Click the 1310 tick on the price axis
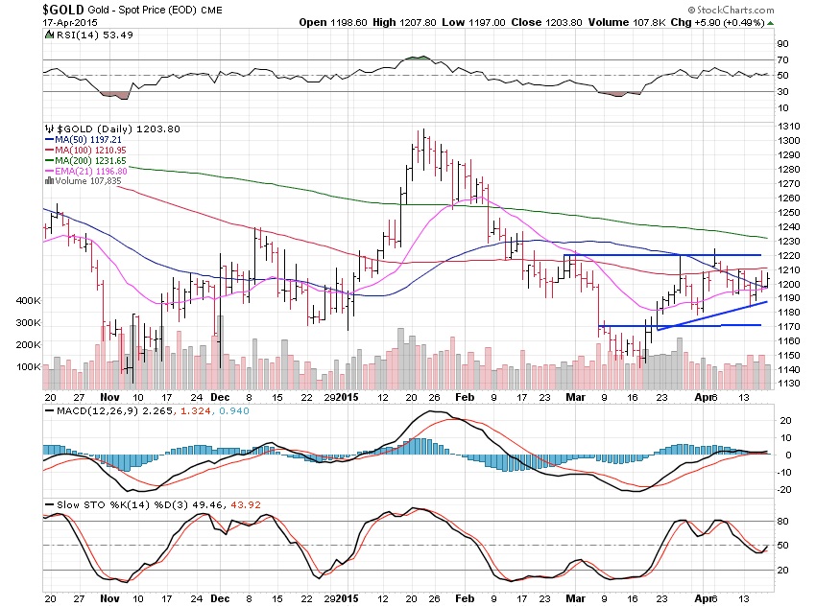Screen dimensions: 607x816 [789, 127]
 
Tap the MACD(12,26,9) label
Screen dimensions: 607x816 [92, 413]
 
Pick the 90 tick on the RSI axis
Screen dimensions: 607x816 [783, 44]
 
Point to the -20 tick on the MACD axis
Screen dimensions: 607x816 [785, 489]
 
